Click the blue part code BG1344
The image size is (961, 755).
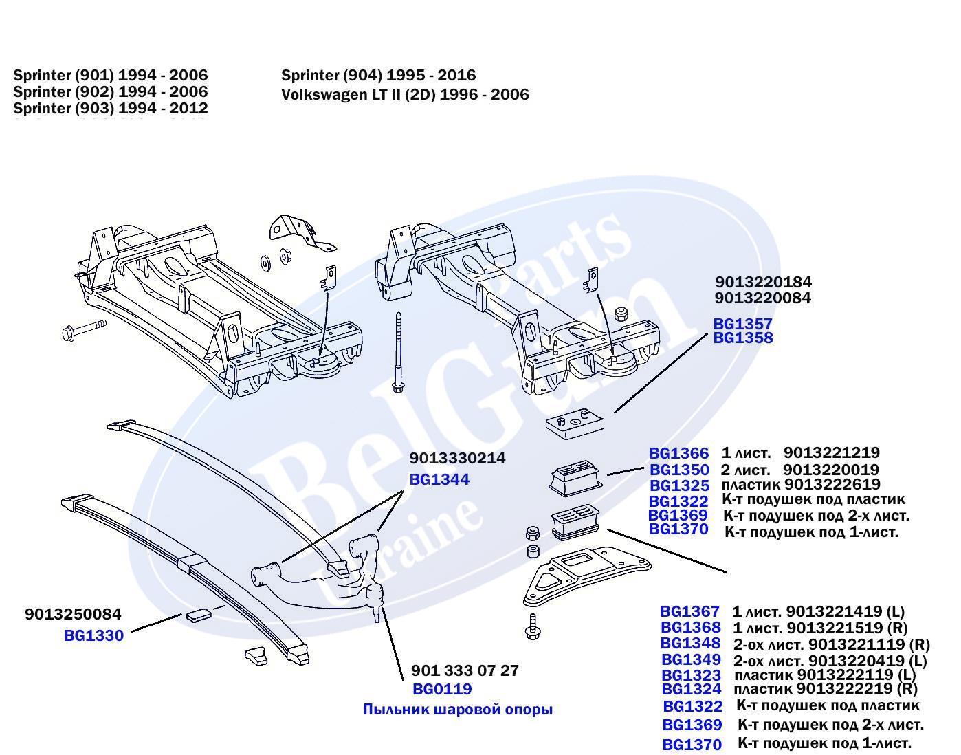click(439, 479)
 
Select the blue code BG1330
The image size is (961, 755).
click(93, 635)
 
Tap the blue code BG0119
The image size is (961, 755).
click(442, 689)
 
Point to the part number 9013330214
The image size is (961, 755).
click(457, 458)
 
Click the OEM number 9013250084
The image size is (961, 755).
click(73, 614)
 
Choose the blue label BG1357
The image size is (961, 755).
click(742, 323)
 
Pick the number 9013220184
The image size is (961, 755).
click(763, 282)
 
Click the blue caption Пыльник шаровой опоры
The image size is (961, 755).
click(458, 709)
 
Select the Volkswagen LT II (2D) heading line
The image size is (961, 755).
click(405, 94)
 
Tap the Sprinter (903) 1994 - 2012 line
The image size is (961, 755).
click(110, 108)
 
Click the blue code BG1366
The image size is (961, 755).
click(678, 453)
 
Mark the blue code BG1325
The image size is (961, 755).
click(678, 485)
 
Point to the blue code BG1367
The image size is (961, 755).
click(689, 611)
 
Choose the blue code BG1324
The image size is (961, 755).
click(692, 689)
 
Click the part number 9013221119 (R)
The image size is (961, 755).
click(869, 644)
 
